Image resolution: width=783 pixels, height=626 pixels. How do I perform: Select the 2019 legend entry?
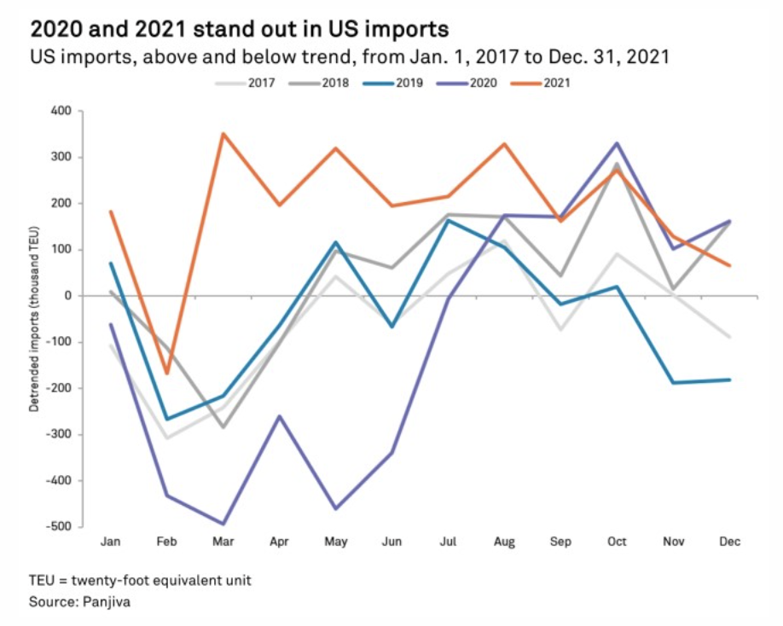point(409,84)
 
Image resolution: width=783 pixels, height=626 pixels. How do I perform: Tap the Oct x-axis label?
point(617,542)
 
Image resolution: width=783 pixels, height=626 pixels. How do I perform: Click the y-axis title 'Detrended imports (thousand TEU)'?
point(35,319)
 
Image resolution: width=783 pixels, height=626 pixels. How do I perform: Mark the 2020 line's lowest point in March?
point(223,524)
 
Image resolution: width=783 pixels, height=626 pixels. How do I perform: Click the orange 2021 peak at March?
point(223,134)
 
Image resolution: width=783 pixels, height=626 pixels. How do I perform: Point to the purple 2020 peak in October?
point(617,143)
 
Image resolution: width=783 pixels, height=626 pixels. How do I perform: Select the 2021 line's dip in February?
point(167,373)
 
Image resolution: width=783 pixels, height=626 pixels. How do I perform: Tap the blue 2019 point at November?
point(673,382)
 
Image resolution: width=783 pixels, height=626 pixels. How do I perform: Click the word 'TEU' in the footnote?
point(42,581)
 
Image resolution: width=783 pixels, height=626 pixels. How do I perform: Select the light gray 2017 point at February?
point(167,438)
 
